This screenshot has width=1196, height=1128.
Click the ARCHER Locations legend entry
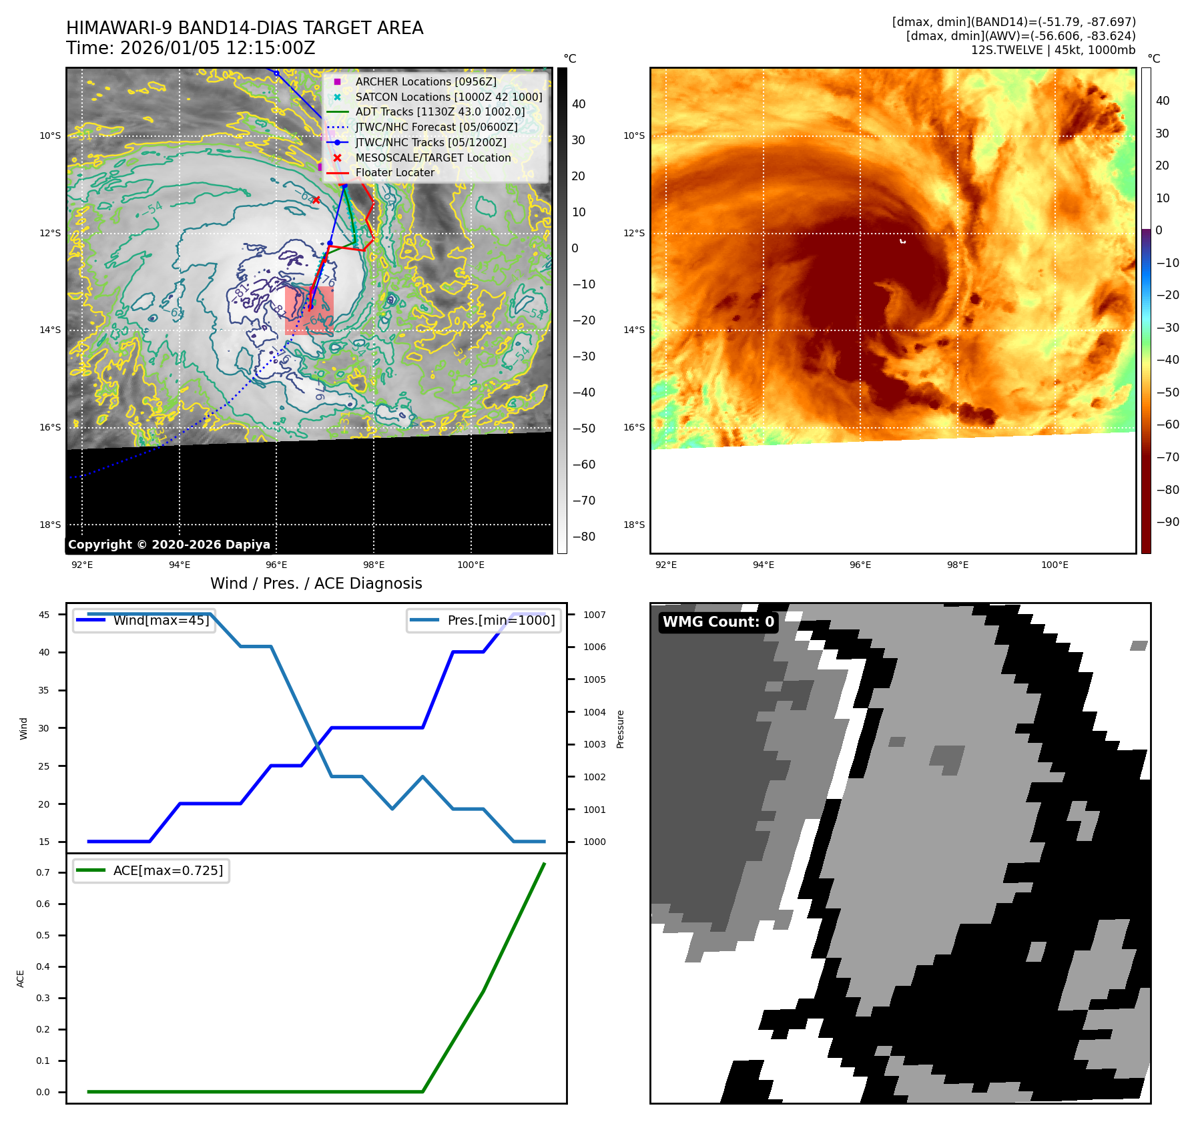(425, 81)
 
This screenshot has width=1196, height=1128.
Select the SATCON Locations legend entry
(448, 97)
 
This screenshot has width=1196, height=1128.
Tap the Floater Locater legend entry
(394, 172)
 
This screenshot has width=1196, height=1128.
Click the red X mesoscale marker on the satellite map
(316, 200)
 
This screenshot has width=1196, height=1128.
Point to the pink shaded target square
(309, 311)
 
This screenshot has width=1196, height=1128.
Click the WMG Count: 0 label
(718, 622)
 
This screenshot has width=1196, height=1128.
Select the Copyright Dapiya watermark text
(169, 545)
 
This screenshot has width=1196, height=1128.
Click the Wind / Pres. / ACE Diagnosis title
(316, 583)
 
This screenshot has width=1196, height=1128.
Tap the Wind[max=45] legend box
(144, 620)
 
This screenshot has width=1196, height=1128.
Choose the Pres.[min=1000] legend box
(484, 620)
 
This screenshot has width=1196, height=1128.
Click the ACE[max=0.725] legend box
(152, 870)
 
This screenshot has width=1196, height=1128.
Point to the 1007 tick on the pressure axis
(595, 615)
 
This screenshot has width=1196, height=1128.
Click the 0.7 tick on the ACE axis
(43, 872)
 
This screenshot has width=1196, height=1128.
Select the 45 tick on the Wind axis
(44, 615)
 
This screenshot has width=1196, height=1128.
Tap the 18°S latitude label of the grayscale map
(50, 525)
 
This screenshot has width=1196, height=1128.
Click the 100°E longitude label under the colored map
(1055, 565)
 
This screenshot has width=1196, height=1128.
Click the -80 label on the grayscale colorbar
(583, 537)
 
